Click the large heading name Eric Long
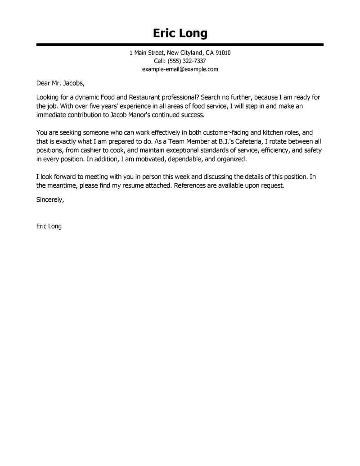point(180,33)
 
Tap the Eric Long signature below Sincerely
point(49,226)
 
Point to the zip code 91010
point(222,53)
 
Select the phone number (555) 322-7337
point(186,61)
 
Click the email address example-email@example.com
point(180,69)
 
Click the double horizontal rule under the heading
point(180,45)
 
